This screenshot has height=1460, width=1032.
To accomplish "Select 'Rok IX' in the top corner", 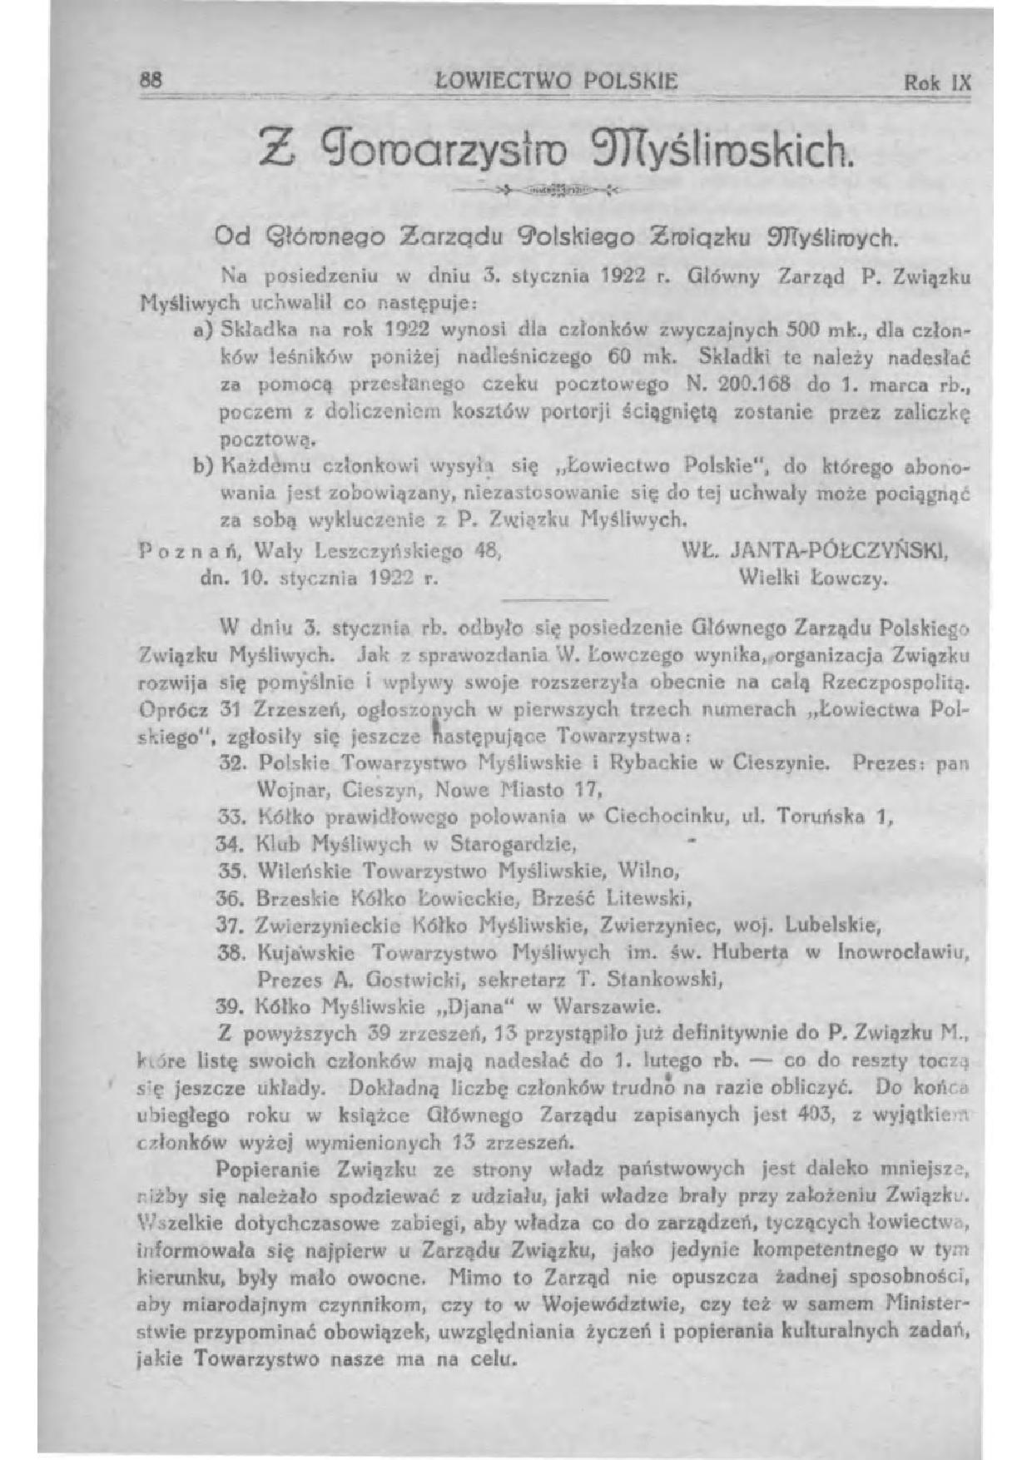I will click(937, 83).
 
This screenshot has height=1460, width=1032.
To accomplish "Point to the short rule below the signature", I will click(555, 599).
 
